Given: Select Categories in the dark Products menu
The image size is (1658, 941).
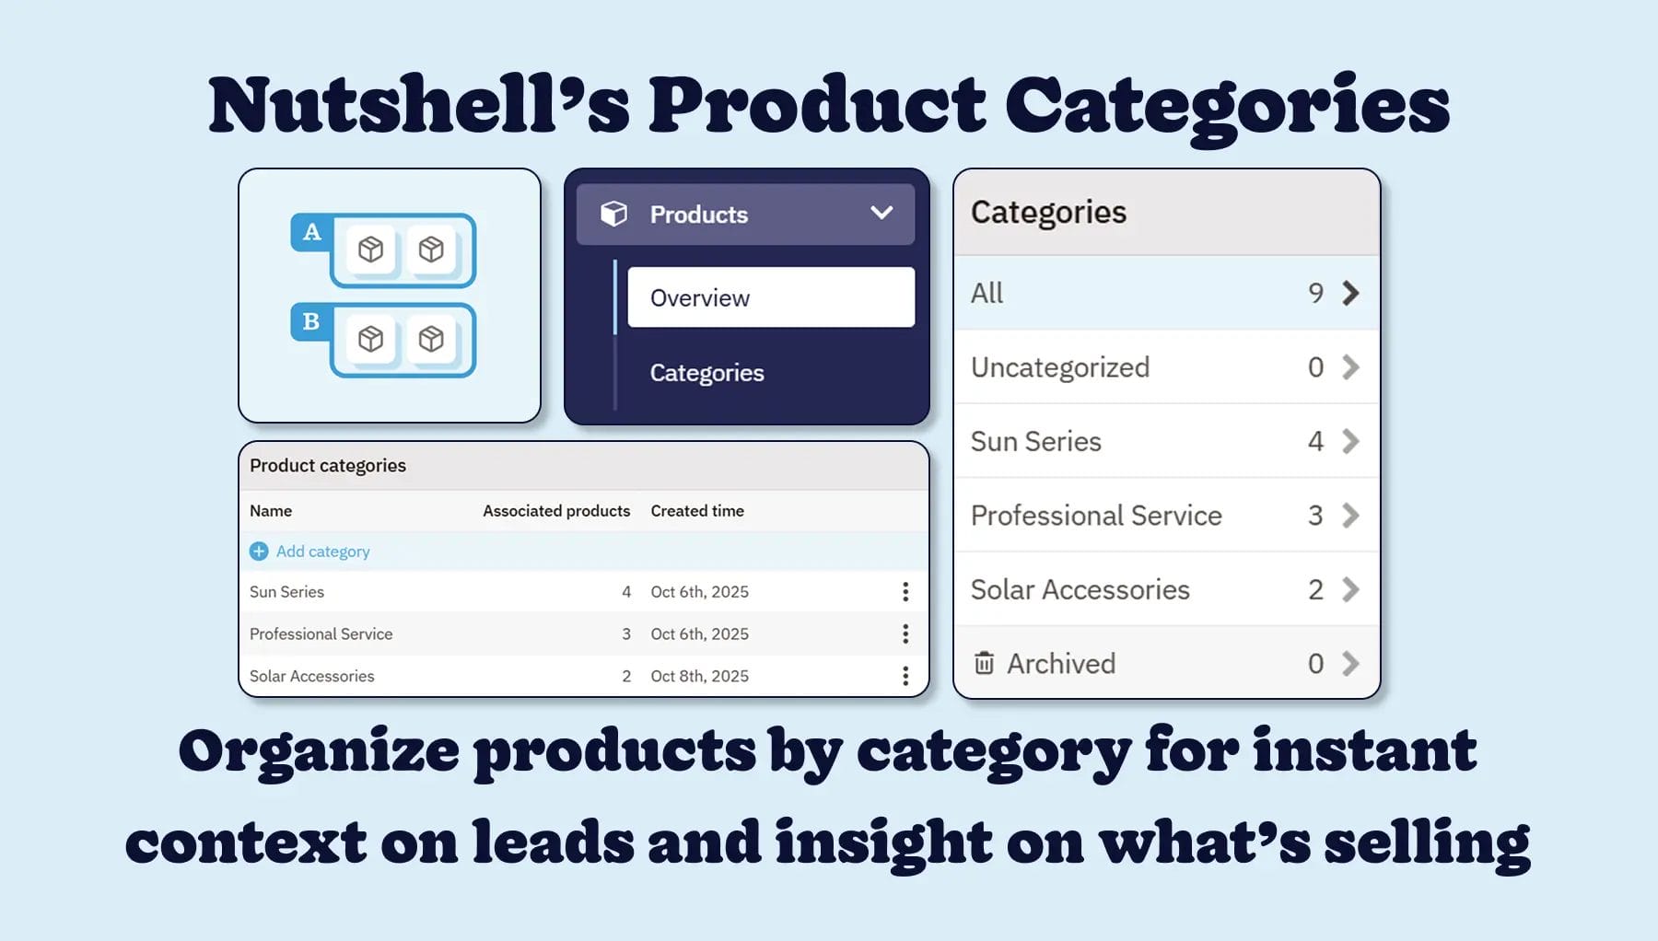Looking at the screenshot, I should [x=706, y=373].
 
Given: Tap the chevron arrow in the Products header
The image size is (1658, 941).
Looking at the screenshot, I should [x=882, y=214].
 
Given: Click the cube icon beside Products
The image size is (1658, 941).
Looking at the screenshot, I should [x=613, y=214].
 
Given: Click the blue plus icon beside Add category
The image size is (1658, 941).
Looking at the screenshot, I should [x=259, y=551].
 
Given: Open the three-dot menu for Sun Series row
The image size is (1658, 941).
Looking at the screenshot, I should [x=905, y=591].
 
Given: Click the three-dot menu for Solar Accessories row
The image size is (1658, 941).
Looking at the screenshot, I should [x=905, y=676].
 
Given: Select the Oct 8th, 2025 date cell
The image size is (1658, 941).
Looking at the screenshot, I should [x=699, y=676].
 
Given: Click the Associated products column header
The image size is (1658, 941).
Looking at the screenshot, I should [x=556, y=511].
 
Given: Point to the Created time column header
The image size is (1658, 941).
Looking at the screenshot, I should [x=697, y=511].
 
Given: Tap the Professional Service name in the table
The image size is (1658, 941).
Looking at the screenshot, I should [x=321, y=633].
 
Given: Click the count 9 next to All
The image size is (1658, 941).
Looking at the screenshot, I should [x=1315, y=293].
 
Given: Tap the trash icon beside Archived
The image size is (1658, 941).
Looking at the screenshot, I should [x=984, y=663].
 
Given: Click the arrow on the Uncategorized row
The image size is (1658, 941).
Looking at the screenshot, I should [x=1350, y=367].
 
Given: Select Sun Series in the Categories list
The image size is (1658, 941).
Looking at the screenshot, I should [x=1035, y=441].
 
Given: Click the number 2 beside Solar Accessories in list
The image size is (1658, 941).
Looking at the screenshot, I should [x=1315, y=589].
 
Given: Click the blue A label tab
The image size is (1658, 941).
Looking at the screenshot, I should [x=311, y=232].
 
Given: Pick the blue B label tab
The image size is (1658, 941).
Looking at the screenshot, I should [x=311, y=321].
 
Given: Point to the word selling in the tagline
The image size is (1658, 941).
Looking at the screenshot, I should [x=1427, y=842].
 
